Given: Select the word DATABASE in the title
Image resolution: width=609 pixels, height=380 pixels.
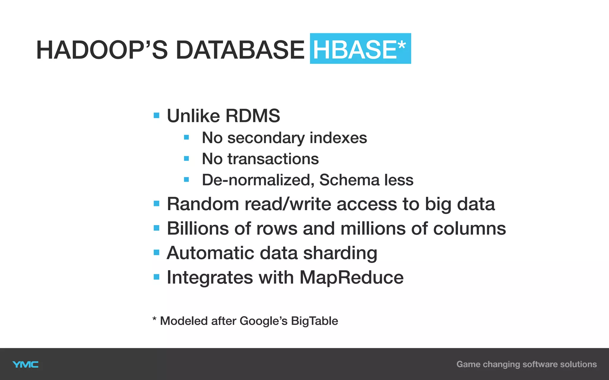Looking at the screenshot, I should coord(240,50).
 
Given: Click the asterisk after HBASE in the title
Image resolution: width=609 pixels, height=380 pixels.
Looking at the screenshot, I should coord(402,46).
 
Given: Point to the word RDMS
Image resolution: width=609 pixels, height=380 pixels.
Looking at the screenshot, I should coord(252,115).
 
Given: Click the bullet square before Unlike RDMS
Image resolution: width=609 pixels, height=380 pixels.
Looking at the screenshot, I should coord(156,115).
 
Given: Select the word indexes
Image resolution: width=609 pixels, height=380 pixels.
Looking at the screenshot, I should coord(338,138).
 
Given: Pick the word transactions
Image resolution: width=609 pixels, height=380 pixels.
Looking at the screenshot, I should coord(273,159).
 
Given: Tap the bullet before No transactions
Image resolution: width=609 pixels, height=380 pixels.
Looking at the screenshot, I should coord(186,159).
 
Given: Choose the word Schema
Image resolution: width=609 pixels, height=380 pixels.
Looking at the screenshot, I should coord(349,180).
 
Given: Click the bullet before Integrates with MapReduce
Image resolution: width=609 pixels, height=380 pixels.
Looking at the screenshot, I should coord(156,277).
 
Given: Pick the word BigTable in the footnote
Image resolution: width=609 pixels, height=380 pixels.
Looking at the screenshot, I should coord(314,321).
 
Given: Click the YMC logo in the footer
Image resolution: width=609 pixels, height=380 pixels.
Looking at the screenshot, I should coord(26,365).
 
